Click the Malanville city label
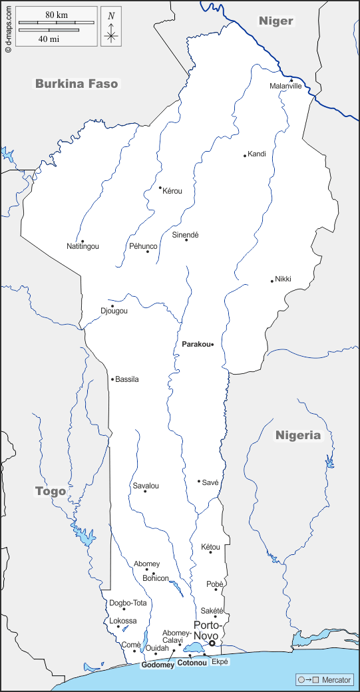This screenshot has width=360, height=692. [x=285, y=86]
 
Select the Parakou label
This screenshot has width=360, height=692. [x=196, y=344]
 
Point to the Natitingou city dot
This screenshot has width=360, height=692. [x=83, y=241]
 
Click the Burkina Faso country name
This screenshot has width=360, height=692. [x=77, y=84]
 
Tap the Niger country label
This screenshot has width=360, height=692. [x=276, y=21]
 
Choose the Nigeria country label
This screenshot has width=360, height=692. [x=298, y=435]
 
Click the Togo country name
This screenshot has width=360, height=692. [x=51, y=491]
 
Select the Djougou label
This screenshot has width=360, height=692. [x=114, y=311]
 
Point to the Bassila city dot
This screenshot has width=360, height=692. [x=112, y=379]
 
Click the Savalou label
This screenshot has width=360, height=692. [x=146, y=486]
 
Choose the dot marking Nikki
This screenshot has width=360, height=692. [x=272, y=281]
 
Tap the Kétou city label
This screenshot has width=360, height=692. [x=210, y=547]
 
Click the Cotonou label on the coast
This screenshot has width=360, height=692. [x=192, y=664]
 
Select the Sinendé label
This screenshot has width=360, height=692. [x=186, y=235]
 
